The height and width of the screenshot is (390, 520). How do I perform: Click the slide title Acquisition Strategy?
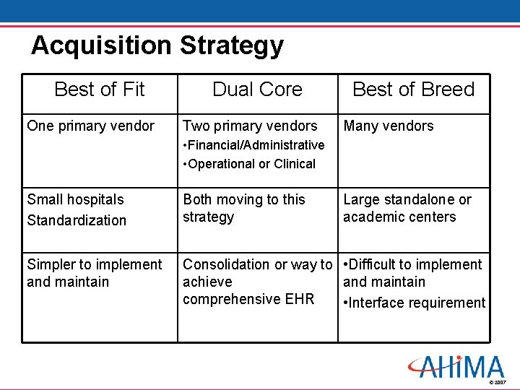(x=157, y=45)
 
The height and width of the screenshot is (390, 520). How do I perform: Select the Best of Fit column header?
(x=99, y=90)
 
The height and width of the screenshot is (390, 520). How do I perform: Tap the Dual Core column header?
(x=257, y=90)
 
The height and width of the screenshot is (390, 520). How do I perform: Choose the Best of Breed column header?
(x=413, y=90)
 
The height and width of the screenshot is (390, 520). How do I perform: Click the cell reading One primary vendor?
(x=90, y=126)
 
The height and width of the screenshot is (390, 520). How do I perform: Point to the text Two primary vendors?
(x=250, y=126)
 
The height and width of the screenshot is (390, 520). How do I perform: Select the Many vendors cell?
(x=389, y=126)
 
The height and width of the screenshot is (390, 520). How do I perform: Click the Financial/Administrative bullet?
(x=254, y=145)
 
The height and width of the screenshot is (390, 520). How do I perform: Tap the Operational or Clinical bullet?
(x=250, y=164)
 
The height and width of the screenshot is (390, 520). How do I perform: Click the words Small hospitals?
(x=75, y=200)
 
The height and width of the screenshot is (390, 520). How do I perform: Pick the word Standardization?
(x=77, y=220)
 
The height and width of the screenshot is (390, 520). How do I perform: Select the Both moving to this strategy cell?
(x=243, y=208)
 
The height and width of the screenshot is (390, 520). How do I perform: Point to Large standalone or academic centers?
(x=407, y=208)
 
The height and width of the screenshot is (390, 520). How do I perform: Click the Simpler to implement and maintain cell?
(x=94, y=273)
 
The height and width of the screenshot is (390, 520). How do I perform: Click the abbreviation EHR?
(x=300, y=299)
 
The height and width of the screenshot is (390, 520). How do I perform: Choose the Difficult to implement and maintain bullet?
(x=412, y=273)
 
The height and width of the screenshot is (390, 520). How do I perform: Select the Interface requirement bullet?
(x=415, y=303)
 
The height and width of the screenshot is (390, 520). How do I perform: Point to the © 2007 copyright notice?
(x=498, y=381)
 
